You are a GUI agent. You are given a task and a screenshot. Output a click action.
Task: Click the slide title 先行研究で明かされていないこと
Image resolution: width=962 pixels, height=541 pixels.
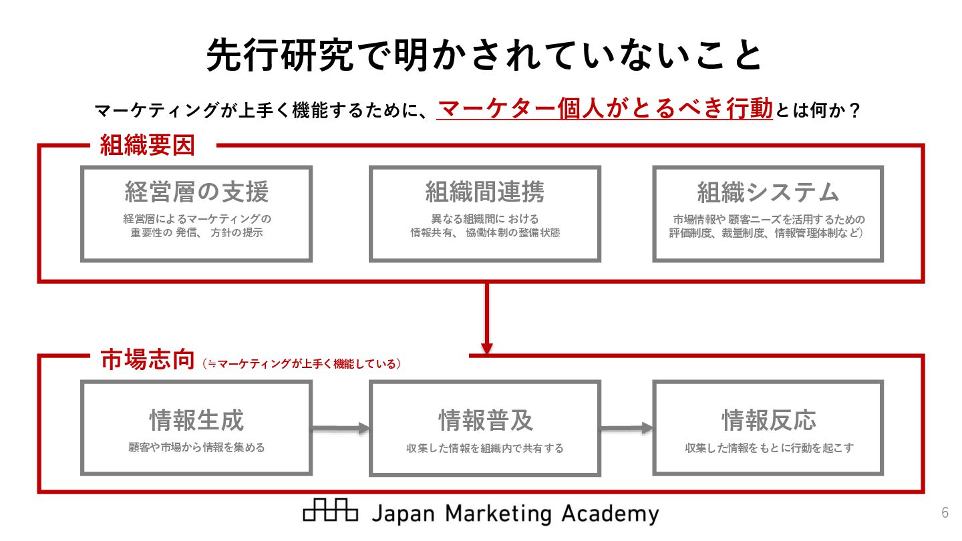(x=484, y=55)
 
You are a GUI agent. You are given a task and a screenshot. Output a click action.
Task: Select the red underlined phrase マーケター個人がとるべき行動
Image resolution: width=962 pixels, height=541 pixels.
(x=605, y=108)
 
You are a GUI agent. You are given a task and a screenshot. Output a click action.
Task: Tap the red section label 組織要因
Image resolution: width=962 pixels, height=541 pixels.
(x=147, y=145)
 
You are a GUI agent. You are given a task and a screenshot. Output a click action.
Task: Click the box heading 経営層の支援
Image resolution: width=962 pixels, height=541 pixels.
(x=196, y=192)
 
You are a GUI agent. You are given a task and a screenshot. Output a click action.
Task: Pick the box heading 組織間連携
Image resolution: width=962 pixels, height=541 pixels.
(x=485, y=192)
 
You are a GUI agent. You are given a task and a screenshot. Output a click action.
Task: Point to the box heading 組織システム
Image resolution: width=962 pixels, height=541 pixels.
(x=768, y=192)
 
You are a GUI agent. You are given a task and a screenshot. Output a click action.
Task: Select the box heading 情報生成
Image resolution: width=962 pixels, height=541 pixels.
(x=196, y=421)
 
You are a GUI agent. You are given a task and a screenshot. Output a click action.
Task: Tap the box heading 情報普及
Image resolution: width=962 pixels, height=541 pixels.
(x=485, y=421)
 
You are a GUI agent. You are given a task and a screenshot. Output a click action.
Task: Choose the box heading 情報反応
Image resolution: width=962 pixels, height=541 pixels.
(x=768, y=421)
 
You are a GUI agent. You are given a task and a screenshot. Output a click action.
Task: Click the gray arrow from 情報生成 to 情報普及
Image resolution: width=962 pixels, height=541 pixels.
(x=341, y=427)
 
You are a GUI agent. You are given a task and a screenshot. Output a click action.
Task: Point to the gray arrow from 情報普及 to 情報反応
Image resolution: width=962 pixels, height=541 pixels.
(x=626, y=427)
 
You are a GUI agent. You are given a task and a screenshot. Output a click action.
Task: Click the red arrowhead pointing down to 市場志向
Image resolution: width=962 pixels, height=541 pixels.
(x=487, y=348)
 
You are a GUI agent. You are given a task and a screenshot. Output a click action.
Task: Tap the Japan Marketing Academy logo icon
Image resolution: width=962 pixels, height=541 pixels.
(x=330, y=511)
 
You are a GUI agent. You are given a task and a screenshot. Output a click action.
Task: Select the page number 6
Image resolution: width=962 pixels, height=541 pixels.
(x=945, y=513)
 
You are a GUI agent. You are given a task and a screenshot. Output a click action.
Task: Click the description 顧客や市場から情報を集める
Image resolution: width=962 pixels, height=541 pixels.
(x=196, y=447)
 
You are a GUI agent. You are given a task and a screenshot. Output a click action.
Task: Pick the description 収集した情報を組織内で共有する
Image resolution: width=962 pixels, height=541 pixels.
(x=485, y=448)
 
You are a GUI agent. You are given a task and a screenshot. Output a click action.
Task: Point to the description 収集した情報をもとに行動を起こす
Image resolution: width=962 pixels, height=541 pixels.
(x=769, y=448)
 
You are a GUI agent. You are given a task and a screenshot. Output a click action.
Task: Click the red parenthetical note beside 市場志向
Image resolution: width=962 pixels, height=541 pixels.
(x=301, y=364)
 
